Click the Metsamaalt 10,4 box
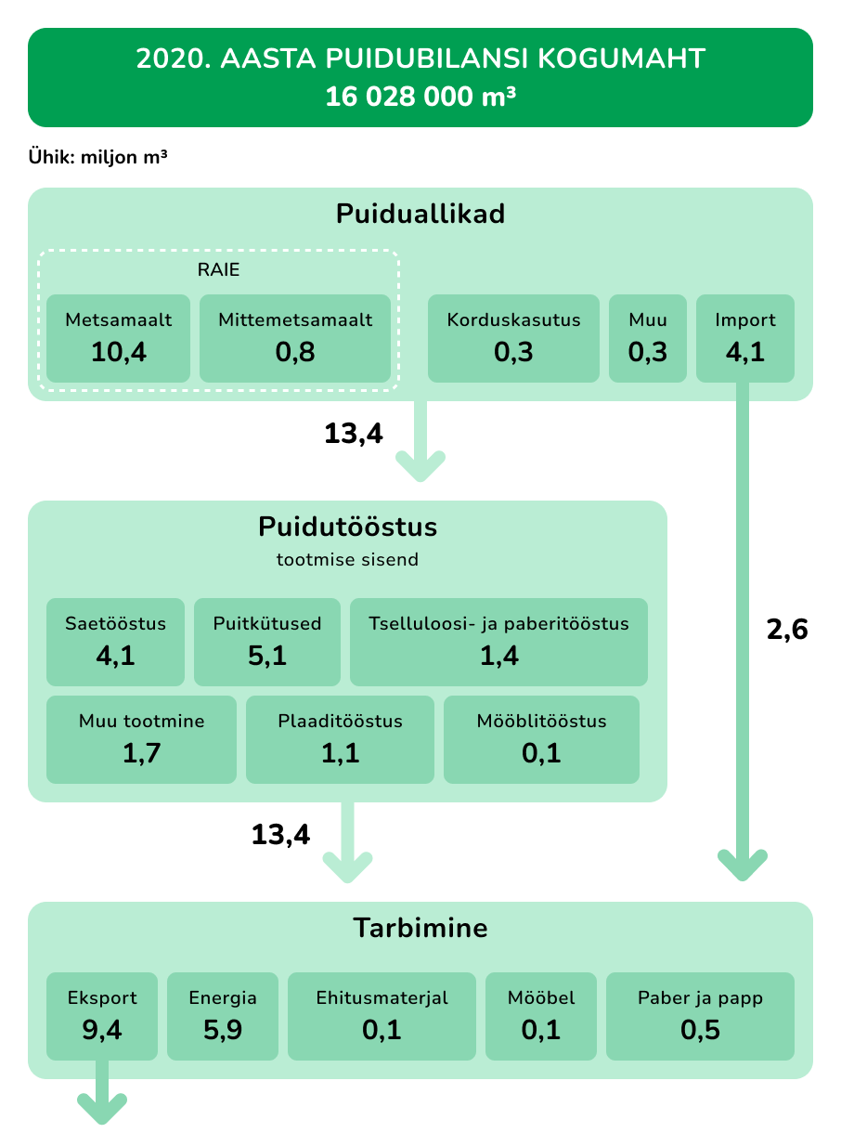click(x=118, y=338)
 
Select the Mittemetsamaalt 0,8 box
click(x=295, y=338)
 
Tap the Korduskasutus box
click(x=513, y=338)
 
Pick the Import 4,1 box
click(x=744, y=338)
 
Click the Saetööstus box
click(x=115, y=642)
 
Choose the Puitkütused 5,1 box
click(x=266, y=642)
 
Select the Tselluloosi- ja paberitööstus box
click(x=498, y=642)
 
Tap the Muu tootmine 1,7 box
click(x=142, y=739)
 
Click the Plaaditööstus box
click(x=340, y=739)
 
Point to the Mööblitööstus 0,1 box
click(x=541, y=739)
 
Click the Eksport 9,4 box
click(x=102, y=1017)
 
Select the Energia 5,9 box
click(x=223, y=1017)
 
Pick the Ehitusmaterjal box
click(x=382, y=1017)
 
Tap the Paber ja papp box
click(x=700, y=1017)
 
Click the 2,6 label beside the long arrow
click(x=787, y=630)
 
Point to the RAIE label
click(x=218, y=269)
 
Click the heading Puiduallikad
click(x=420, y=214)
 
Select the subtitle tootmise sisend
click(x=348, y=559)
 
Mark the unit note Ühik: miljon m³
click(x=97, y=157)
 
